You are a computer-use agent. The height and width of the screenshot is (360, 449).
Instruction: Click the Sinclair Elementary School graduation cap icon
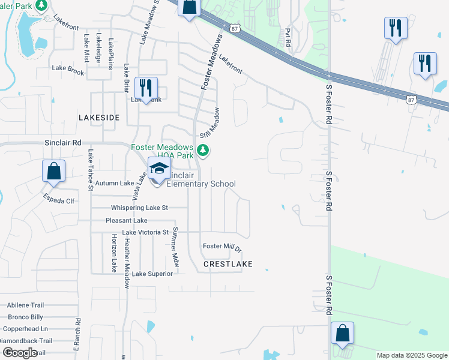coord(159,169)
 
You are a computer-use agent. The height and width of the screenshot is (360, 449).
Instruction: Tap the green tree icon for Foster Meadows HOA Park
coord(203,149)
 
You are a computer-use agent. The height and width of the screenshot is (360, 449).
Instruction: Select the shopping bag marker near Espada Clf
coord(53,170)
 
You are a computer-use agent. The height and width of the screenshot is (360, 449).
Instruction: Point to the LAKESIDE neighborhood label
coord(99,118)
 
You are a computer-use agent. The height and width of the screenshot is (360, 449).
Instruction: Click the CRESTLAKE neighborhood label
coord(228,264)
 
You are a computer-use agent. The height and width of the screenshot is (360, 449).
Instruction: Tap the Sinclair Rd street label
coord(62,143)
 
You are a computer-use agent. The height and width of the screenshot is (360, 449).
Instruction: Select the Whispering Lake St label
coord(139,208)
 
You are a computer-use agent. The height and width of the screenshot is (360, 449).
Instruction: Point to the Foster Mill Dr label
coord(221,247)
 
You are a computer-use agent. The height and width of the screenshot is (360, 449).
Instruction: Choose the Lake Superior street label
coord(152,274)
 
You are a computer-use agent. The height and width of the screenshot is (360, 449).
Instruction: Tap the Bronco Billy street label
coord(25,317)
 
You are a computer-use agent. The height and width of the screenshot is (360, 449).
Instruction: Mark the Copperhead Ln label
coord(25,329)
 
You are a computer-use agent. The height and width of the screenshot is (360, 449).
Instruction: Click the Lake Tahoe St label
coord(91,170)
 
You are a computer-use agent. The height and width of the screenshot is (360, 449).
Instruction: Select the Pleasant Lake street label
coord(126,220)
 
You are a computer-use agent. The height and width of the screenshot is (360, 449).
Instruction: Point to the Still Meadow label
coord(214,122)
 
